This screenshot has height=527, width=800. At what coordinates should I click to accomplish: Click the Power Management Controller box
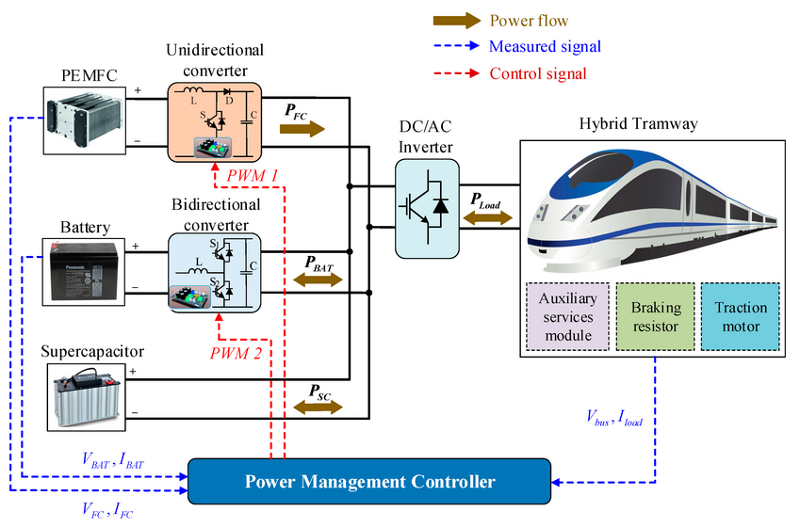[369, 482]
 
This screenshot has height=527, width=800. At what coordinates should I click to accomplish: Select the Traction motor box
[741, 314]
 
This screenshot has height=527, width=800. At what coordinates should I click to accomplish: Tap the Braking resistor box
[654, 314]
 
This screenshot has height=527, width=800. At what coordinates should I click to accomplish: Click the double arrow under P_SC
[318, 407]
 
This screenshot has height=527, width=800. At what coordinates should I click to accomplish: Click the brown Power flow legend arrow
[456, 21]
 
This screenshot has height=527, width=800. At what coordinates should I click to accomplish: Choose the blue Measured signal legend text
[545, 46]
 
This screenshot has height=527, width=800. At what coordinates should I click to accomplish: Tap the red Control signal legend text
[538, 73]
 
